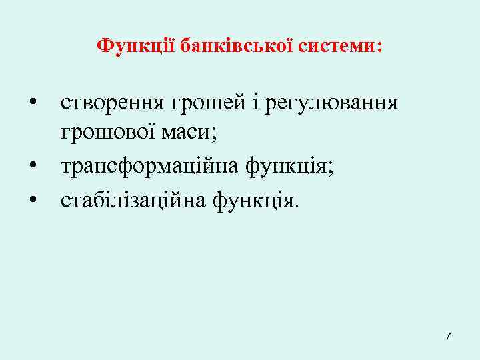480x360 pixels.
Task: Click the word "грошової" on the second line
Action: point(107,134)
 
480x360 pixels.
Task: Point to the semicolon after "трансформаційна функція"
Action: point(331,167)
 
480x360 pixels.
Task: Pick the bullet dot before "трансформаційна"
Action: point(31,166)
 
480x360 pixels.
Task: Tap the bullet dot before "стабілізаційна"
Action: point(31,197)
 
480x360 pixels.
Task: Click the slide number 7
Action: point(448,335)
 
